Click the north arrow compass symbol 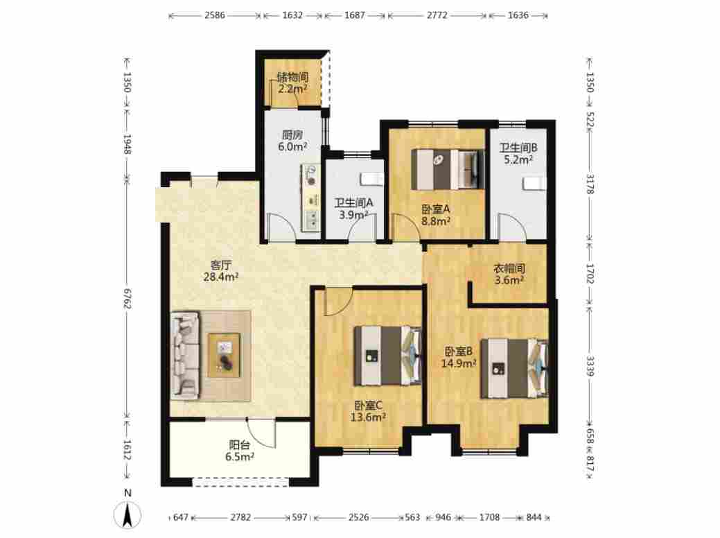128,513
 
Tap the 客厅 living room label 220,265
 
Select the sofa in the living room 186,355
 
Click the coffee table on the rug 224,355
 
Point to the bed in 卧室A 448,169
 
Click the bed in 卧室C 387,356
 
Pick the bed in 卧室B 514,368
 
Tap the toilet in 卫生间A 372,179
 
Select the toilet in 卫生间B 534,184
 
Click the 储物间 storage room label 292,77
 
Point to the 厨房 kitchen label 292,135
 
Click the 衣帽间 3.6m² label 509,274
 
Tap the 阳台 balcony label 240,444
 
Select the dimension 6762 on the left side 128,299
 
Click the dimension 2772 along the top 437,15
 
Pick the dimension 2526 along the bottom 358,517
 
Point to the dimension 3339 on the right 590,366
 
